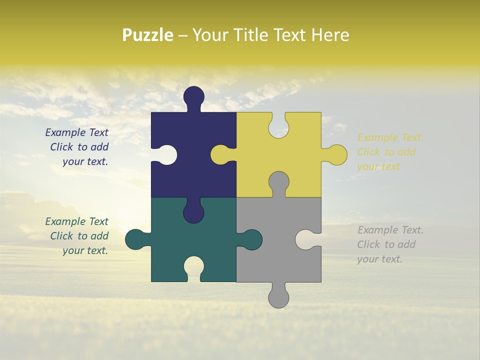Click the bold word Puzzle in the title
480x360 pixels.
(x=148, y=35)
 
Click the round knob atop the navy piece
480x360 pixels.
(x=193, y=96)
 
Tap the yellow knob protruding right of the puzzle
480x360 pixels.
(x=336, y=154)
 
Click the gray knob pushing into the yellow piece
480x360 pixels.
(x=278, y=182)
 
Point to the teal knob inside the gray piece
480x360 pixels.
(x=251, y=239)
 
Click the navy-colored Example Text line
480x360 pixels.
(x=76, y=132)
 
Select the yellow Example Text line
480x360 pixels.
(x=390, y=137)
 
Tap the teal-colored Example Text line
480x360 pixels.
(x=76, y=221)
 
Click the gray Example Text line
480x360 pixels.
(x=390, y=230)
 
